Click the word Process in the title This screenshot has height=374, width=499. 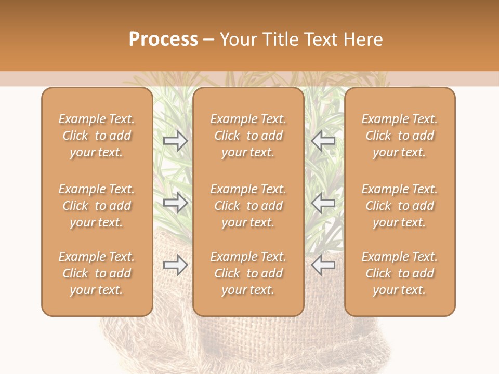163,39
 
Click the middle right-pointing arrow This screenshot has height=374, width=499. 176,203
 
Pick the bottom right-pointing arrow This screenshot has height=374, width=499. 176,265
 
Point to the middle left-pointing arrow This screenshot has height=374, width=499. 323,203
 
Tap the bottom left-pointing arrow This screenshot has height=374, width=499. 323,265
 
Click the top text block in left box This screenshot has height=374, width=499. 97,136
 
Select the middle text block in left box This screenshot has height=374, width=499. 97,206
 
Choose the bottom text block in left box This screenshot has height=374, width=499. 97,273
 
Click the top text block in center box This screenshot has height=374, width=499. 248,136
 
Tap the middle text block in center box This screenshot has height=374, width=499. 248,206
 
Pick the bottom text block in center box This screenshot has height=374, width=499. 248,273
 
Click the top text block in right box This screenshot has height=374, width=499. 400,136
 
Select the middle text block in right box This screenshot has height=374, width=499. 400,206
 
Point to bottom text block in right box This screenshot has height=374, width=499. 400,273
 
